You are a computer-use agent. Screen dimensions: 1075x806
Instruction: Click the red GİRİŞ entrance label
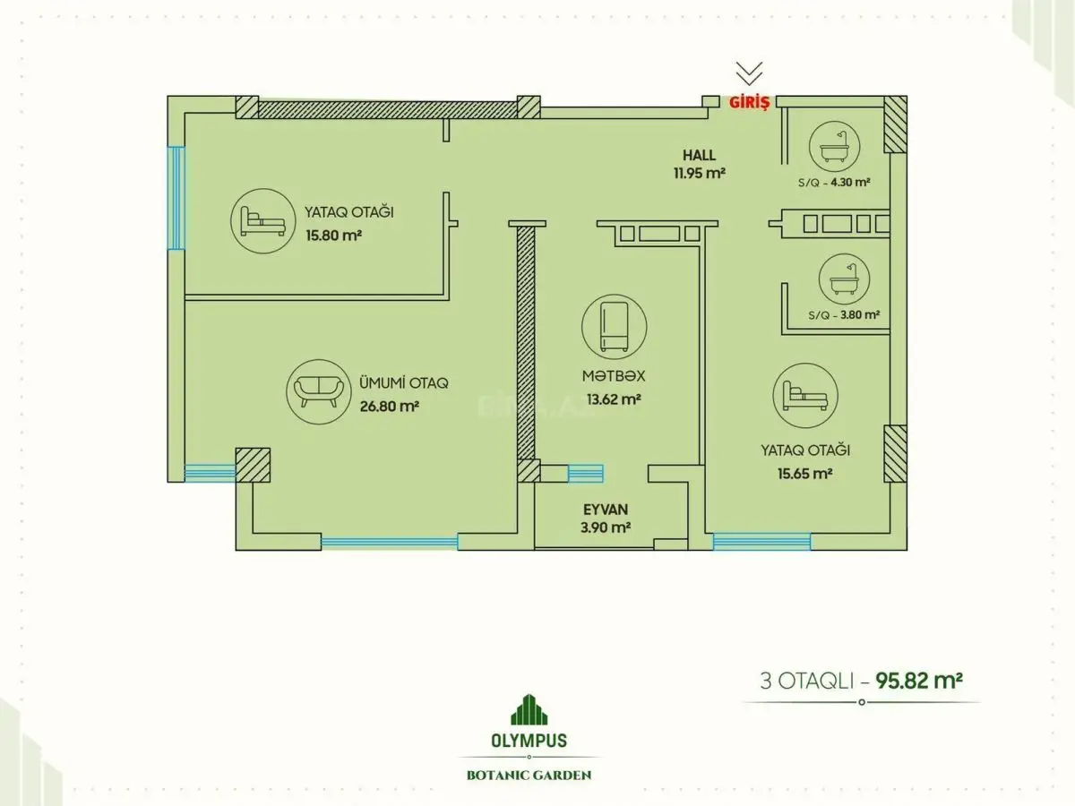(x=749, y=102)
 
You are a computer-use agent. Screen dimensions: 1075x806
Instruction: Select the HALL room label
(x=700, y=155)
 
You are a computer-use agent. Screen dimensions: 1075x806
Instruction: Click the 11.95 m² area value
(x=700, y=173)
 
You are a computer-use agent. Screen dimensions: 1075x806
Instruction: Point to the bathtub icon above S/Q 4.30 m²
(x=835, y=146)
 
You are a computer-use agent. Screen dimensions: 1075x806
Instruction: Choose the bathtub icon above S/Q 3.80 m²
(x=845, y=279)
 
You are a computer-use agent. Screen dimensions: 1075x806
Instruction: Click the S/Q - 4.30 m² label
(x=834, y=183)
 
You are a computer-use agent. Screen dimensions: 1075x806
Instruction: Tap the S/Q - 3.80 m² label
(x=844, y=314)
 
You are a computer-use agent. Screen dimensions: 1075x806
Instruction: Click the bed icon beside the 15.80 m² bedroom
(x=263, y=221)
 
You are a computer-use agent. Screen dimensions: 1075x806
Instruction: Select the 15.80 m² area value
(x=334, y=236)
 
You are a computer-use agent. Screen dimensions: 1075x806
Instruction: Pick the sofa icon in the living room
(x=319, y=392)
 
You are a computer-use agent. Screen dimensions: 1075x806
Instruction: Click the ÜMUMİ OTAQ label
(x=404, y=382)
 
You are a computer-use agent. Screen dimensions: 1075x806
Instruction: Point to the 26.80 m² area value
(x=390, y=407)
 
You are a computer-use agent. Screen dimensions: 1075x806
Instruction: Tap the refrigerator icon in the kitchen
(x=615, y=327)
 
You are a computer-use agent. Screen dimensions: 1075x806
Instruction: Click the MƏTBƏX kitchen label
(x=614, y=376)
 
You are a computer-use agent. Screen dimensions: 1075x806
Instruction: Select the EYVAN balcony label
(x=606, y=510)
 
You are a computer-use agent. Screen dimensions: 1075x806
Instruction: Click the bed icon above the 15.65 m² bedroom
(x=805, y=396)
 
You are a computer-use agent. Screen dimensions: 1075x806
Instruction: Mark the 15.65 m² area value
(x=805, y=474)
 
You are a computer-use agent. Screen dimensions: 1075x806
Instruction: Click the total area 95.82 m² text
(x=919, y=681)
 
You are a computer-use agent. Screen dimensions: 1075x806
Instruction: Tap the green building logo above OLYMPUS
(x=529, y=709)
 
